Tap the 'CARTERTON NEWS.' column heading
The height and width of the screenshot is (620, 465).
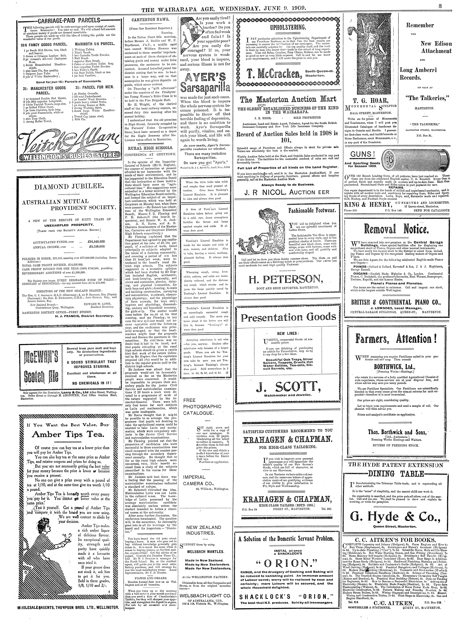pos(150,20)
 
